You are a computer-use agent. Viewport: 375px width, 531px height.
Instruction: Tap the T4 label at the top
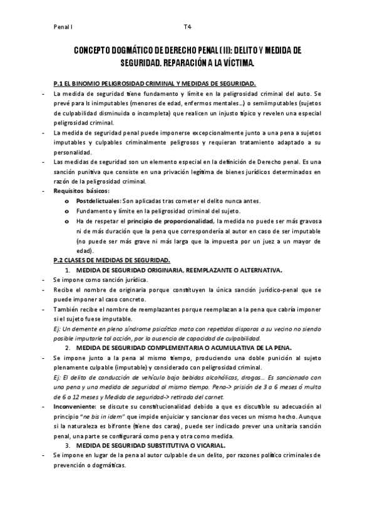point(187,28)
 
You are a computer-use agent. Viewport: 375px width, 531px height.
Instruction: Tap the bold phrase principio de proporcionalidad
point(170,221)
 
